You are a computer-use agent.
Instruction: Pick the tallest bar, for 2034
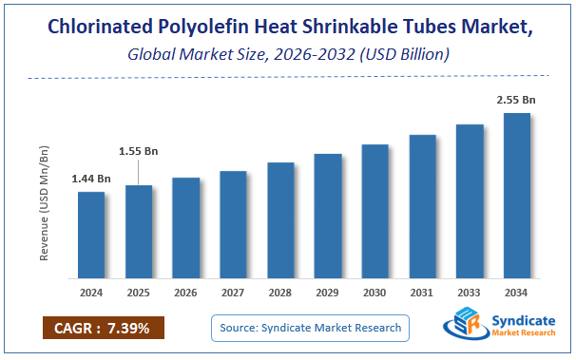tap(517, 195)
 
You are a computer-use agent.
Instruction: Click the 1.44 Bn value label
tap(91, 179)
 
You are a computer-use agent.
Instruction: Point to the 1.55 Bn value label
tap(139, 150)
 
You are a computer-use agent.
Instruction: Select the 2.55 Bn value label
tap(517, 99)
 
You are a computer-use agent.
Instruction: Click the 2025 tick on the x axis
tap(139, 293)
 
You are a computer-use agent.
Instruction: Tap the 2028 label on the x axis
tap(280, 293)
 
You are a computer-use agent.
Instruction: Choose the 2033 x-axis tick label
tap(470, 293)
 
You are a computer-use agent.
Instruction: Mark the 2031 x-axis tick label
tap(422, 293)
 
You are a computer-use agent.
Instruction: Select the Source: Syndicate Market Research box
tap(310, 329)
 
